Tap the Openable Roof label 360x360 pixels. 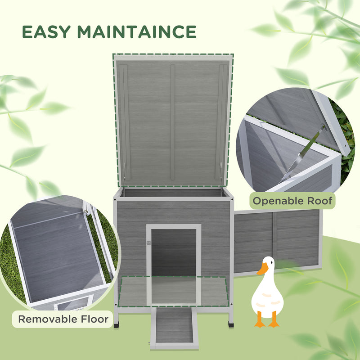292,200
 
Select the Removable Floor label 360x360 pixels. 63,319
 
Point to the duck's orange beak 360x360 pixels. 262,269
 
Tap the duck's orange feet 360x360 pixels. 266,323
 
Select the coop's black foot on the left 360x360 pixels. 117,322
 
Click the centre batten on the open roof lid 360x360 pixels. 172,121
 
